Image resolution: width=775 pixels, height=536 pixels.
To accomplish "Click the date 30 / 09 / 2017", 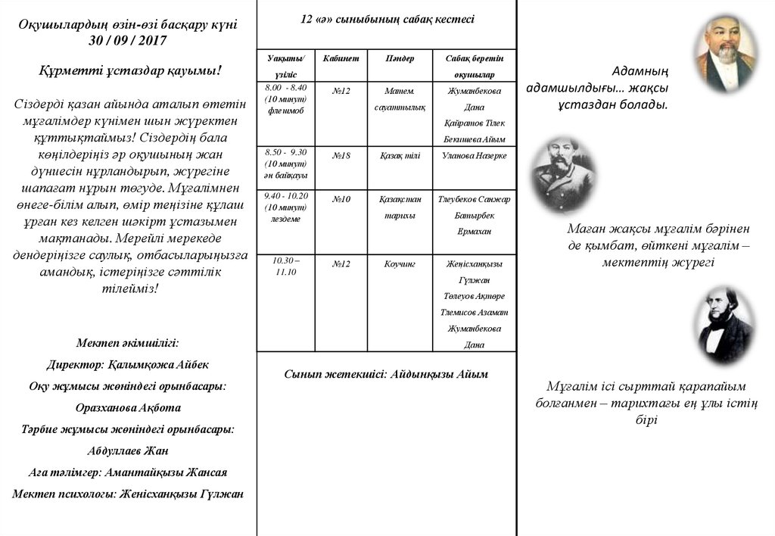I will (128, 40).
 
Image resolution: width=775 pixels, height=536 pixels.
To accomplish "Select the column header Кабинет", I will (341, 58).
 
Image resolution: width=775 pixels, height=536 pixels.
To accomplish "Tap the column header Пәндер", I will (400, 58).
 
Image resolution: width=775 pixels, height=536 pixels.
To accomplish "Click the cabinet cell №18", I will (341, 156).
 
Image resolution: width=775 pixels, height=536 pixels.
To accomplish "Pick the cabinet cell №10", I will (341, 199).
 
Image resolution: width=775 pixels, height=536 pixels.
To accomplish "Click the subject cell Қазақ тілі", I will (400, 156).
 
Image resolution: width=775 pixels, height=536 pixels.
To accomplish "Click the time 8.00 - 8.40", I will (286, 88).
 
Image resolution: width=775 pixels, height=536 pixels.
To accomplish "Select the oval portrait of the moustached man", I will (563, 174).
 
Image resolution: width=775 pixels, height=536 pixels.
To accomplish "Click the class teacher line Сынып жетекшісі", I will (386, 374).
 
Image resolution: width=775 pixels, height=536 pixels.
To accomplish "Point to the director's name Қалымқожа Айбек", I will (127, 364).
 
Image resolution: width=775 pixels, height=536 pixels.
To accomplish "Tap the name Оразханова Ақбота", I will (128, 407).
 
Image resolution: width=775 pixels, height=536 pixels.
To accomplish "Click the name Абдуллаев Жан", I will (128, 450).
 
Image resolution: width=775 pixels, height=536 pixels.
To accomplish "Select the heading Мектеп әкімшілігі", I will (128, 342).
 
